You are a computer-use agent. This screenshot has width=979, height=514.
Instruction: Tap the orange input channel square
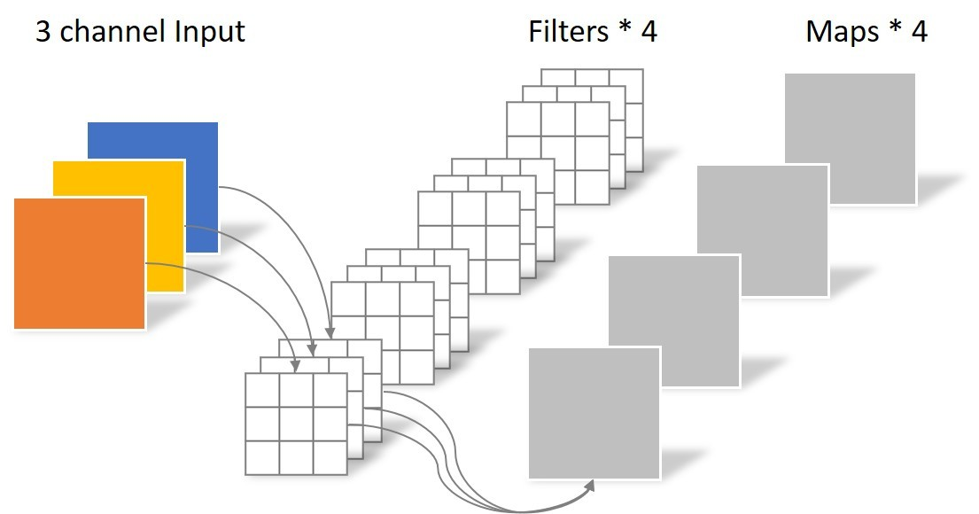(x=80, y=263)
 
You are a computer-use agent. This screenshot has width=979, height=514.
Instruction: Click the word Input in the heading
(x=207, y=33)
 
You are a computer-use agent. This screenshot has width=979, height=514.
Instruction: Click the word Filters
(x=568, y=33)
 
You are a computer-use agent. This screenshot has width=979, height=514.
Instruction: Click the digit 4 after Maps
(x=919, y=33)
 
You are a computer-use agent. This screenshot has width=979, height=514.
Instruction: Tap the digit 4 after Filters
(x=649, y=33)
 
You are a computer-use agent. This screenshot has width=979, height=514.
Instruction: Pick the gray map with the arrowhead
(x=594, y=413)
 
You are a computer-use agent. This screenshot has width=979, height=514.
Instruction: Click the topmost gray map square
(x=849, y=138)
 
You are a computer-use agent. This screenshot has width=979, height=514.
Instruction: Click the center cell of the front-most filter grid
(x=296, y=424)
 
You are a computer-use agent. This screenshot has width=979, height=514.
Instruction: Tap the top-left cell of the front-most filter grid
(x=262, y=390)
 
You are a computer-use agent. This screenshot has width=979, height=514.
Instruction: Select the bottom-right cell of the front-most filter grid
(x=330, y=457)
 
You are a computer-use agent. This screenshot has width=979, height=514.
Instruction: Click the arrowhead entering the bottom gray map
(x=590, y=484)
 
